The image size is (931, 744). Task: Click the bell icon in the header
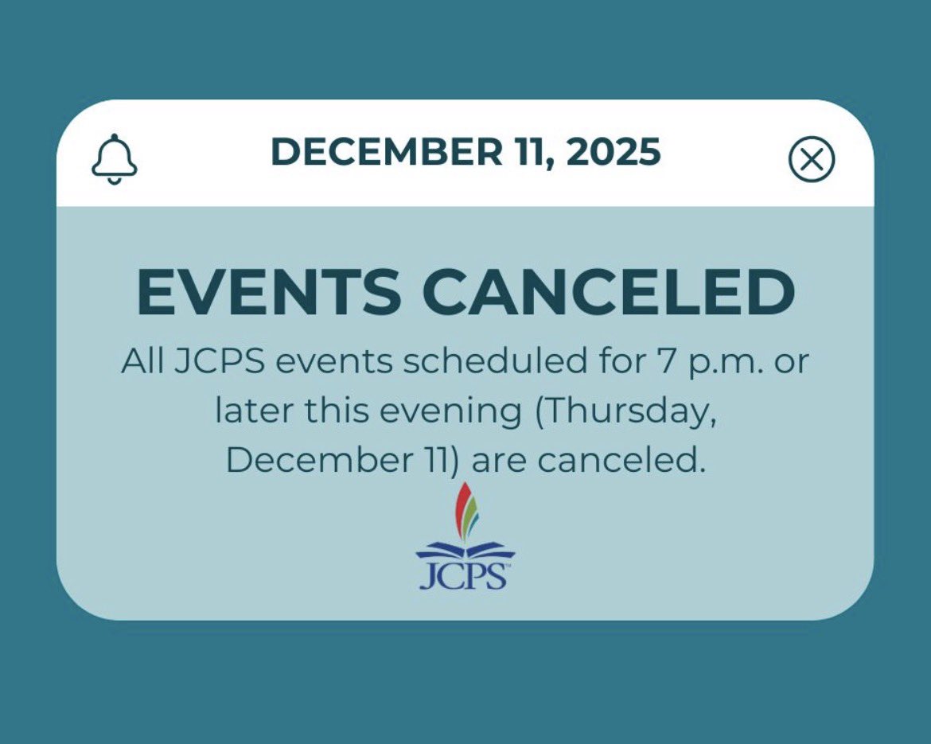point(115,159)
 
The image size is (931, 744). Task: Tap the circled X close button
point(811,159)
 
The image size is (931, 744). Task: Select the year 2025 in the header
point(613,151)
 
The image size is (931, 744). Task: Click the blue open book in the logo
point(465,551)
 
